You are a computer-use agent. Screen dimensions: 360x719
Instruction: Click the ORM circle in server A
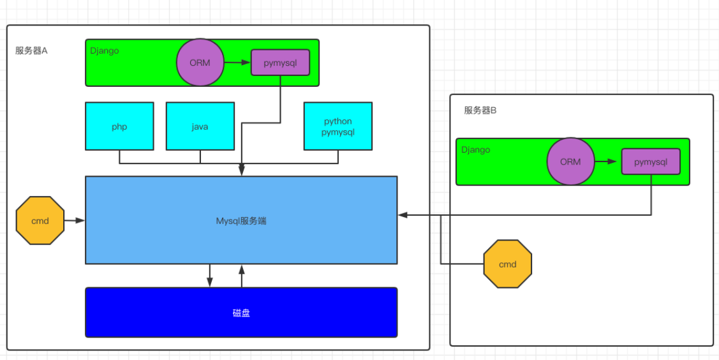point(200,63)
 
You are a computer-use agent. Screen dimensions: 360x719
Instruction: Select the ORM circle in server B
point(570,161)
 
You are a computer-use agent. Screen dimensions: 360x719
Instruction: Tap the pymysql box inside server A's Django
point(281,63)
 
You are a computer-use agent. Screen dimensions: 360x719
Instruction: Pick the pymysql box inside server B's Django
point(651,161)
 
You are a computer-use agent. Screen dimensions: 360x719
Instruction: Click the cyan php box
point(119,126)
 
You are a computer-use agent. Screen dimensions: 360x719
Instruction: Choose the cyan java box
point(200,126)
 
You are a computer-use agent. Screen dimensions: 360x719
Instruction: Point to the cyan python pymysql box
point(337,126)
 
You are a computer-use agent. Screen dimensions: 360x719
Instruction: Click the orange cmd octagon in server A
point(40,220)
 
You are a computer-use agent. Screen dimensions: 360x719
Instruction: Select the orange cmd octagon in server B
point(508,264)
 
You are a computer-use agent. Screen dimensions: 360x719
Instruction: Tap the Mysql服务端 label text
point(241,221)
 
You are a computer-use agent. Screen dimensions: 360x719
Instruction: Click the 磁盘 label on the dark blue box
point(241,313)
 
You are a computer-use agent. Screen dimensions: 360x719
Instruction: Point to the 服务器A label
point(32,50)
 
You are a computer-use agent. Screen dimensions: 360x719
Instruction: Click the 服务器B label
point(480,110)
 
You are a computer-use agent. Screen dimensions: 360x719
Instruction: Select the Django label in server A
point(105,50)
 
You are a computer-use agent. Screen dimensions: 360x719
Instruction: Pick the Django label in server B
point(476,149)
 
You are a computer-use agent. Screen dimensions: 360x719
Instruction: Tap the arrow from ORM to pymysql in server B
point(607,161)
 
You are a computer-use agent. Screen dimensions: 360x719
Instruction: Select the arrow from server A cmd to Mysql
point(75,220)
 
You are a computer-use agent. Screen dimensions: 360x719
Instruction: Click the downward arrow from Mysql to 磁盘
point(209,275)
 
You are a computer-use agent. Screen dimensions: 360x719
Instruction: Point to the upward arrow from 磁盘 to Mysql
point(242,275)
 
